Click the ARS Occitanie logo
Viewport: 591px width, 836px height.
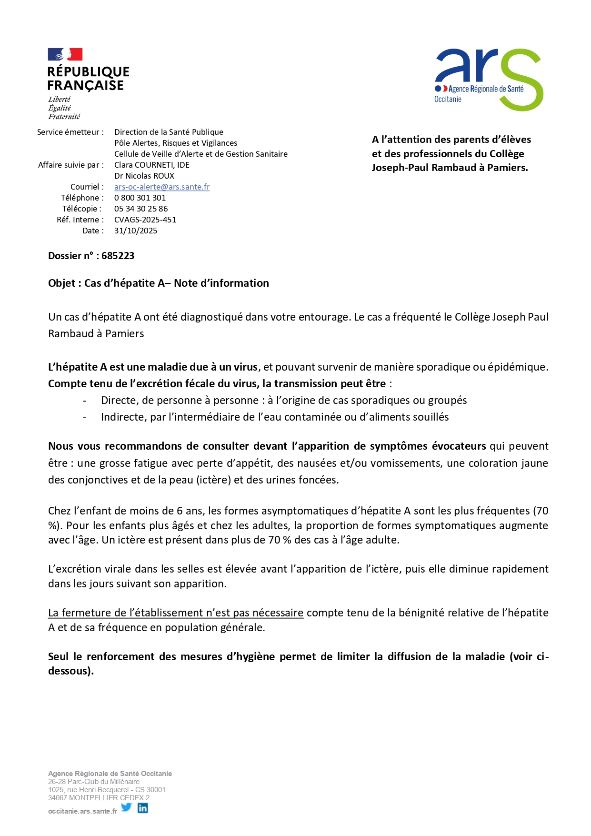[x=489, y=79]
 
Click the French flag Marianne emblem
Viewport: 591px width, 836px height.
[x=65, y=54]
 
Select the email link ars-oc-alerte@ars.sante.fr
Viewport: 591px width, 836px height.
[x=162, y=187]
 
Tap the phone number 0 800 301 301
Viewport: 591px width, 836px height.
[x=140, y=198]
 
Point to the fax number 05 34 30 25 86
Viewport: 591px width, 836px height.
[x=141, y=209]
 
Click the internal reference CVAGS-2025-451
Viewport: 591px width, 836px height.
[x=145, y=220]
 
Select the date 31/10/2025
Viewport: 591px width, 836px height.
[x=136, y=231]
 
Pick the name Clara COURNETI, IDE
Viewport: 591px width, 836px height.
[x=152, y=165]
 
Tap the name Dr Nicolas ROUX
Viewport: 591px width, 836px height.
[x=144, y=176]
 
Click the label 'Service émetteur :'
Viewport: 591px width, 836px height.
[x=70, y=132]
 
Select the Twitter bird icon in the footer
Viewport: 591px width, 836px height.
[x=126, y=807]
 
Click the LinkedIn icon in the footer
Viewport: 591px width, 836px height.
[x=143, y=807]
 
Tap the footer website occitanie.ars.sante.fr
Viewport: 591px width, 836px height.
[x=82, y=811]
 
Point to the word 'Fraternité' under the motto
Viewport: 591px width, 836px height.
[x=64, y=117]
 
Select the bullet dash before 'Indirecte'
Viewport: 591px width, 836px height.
[x=85, y=417]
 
